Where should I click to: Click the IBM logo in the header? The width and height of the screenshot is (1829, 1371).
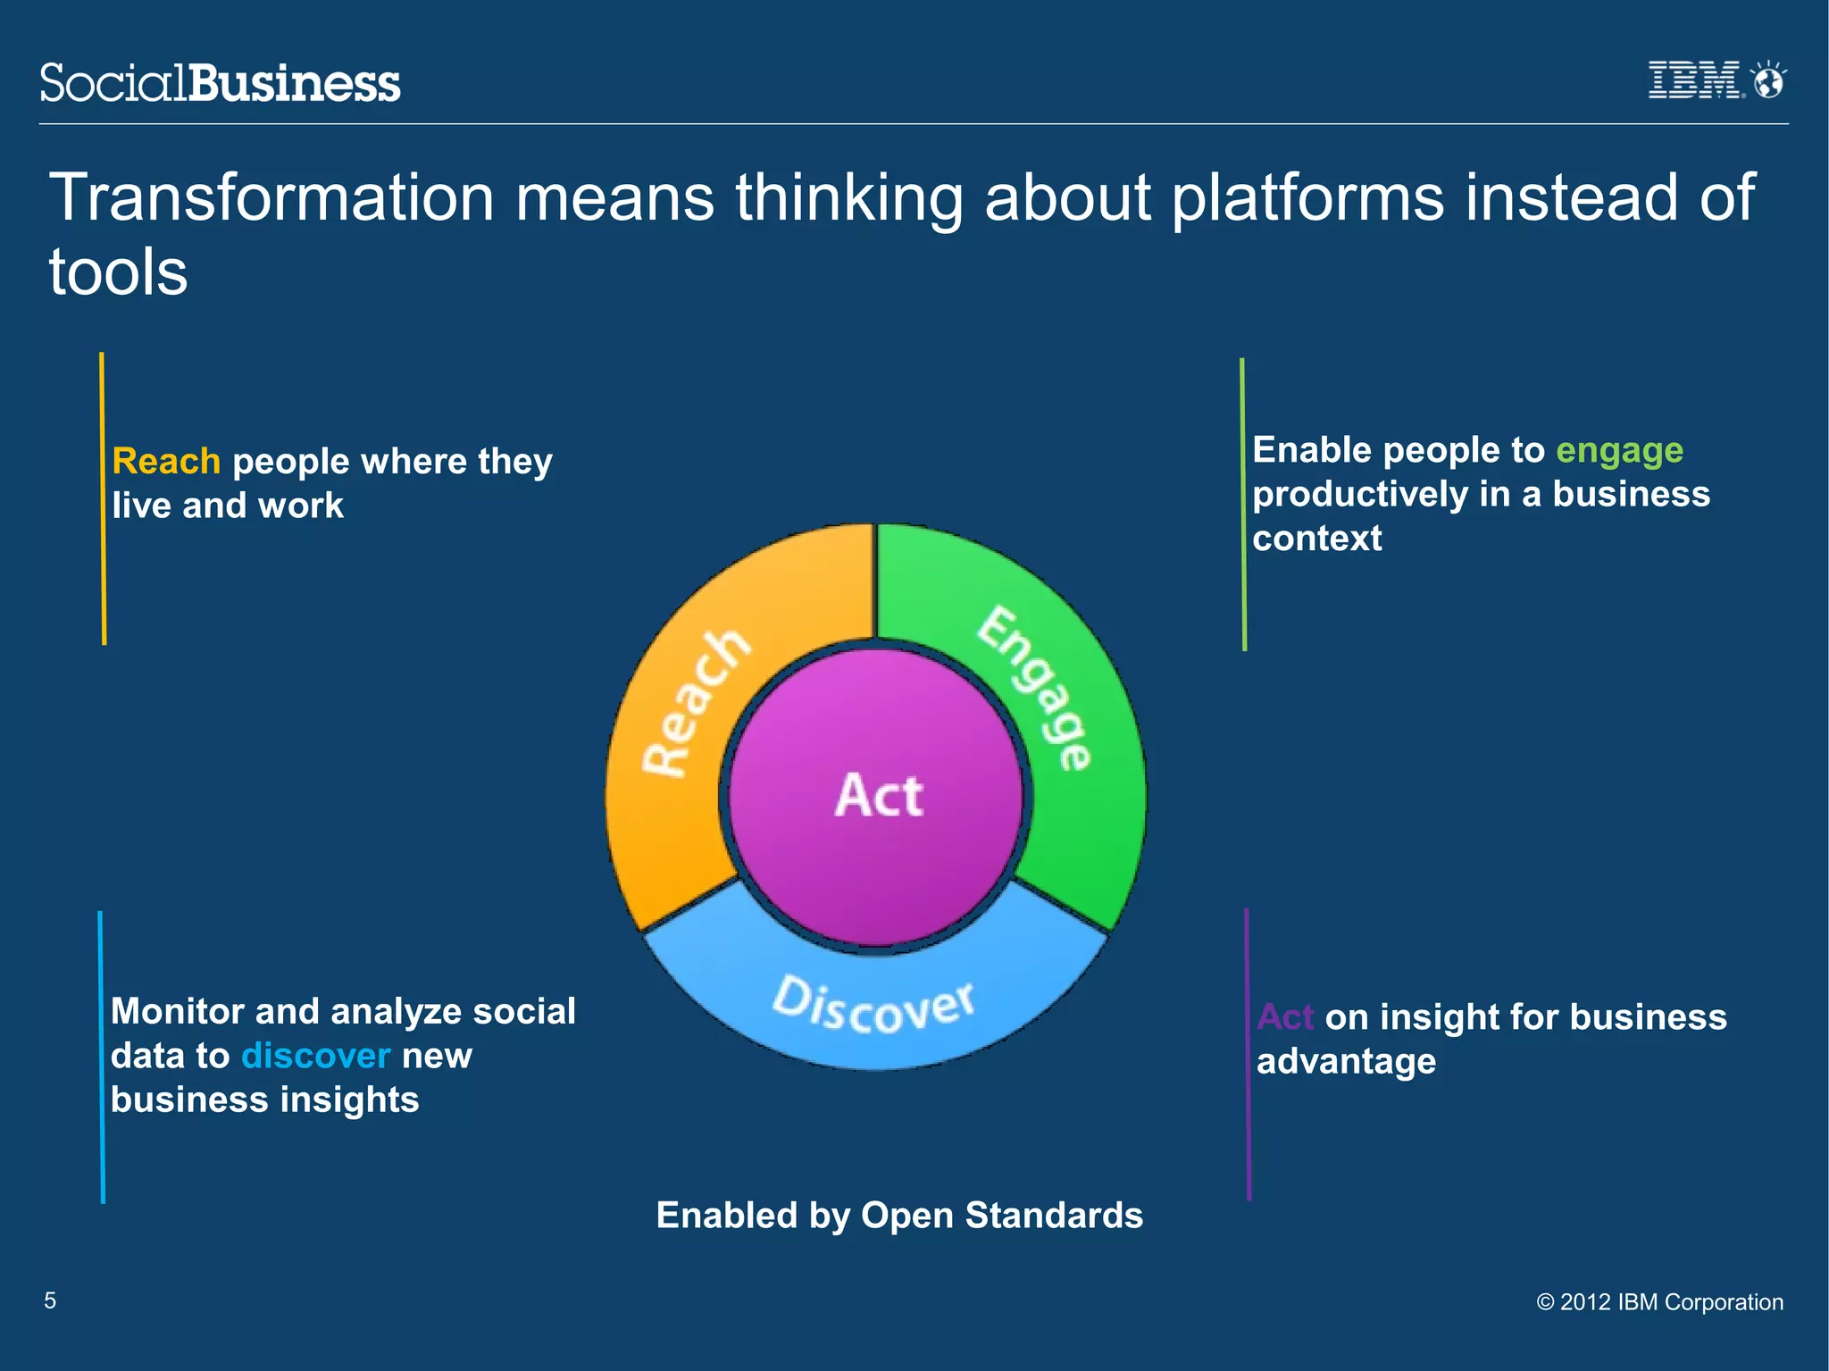pos(1693,80)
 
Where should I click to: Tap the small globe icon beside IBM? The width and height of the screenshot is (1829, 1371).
pos(1767,80)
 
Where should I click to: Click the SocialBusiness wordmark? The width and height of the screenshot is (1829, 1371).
pos(220,83)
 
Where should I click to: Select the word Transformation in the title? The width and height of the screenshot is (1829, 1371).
pos(271,197)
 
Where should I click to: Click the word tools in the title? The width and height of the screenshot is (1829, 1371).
pos(118,272)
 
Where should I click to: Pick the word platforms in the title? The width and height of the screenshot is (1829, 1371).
pos(1307,199)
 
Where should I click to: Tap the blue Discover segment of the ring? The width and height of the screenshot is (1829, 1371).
pos(875,1009)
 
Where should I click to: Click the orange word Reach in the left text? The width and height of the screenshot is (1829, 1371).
pos(166,462)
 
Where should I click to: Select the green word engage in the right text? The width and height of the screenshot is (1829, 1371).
pos(1619,450)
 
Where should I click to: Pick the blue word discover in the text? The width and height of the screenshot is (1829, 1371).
pos(315,1056)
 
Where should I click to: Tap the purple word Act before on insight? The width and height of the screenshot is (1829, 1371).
pos(1284,1017)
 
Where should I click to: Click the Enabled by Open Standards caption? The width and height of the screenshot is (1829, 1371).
pos(899,1216)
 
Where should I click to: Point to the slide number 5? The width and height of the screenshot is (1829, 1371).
pos(50,1300)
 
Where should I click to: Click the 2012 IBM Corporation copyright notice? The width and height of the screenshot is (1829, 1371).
pos(1659,1302)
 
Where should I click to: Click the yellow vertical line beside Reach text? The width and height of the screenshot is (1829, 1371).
pos(103,497)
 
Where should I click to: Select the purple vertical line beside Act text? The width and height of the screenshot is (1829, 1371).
pos(1248,1054)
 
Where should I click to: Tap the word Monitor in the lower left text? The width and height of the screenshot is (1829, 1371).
pos(177,1012)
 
